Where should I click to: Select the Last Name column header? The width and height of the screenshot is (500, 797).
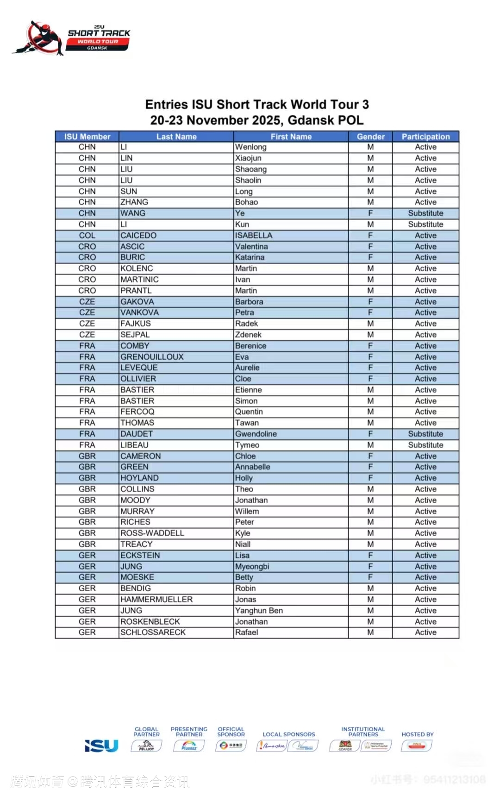[x=176, y=137]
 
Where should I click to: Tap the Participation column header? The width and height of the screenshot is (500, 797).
[x=425, y=137]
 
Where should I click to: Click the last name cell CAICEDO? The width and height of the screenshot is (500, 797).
[x=138, y=235]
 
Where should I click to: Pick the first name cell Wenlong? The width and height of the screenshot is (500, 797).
[x=251, y=147]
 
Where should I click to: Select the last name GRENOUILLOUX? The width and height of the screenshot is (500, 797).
[x=152, y=357]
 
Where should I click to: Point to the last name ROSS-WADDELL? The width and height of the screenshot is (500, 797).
[x=152, y=533]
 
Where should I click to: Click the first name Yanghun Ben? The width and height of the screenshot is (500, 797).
[x=259, y=611]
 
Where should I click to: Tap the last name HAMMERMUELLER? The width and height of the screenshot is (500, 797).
[x=156, y=600]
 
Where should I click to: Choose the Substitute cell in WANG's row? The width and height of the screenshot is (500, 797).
[x=425, y=214]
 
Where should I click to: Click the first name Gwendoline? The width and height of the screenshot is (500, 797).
[x=256, y=434]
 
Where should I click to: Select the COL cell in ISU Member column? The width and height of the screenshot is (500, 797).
[x=87, y=235]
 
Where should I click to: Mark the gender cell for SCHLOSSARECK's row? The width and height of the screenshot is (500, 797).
[x=370, y=633]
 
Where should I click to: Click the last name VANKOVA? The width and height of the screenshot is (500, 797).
[x=139, y=313]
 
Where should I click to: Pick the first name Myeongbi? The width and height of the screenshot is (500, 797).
[x=252, y=567]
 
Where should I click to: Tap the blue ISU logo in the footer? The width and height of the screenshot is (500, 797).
[x=102, y=746]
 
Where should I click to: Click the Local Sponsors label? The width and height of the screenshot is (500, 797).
[x=289, y=734]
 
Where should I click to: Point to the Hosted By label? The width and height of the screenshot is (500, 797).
[x=418, y=734]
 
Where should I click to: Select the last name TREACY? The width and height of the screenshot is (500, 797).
[x=136, y=544]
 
